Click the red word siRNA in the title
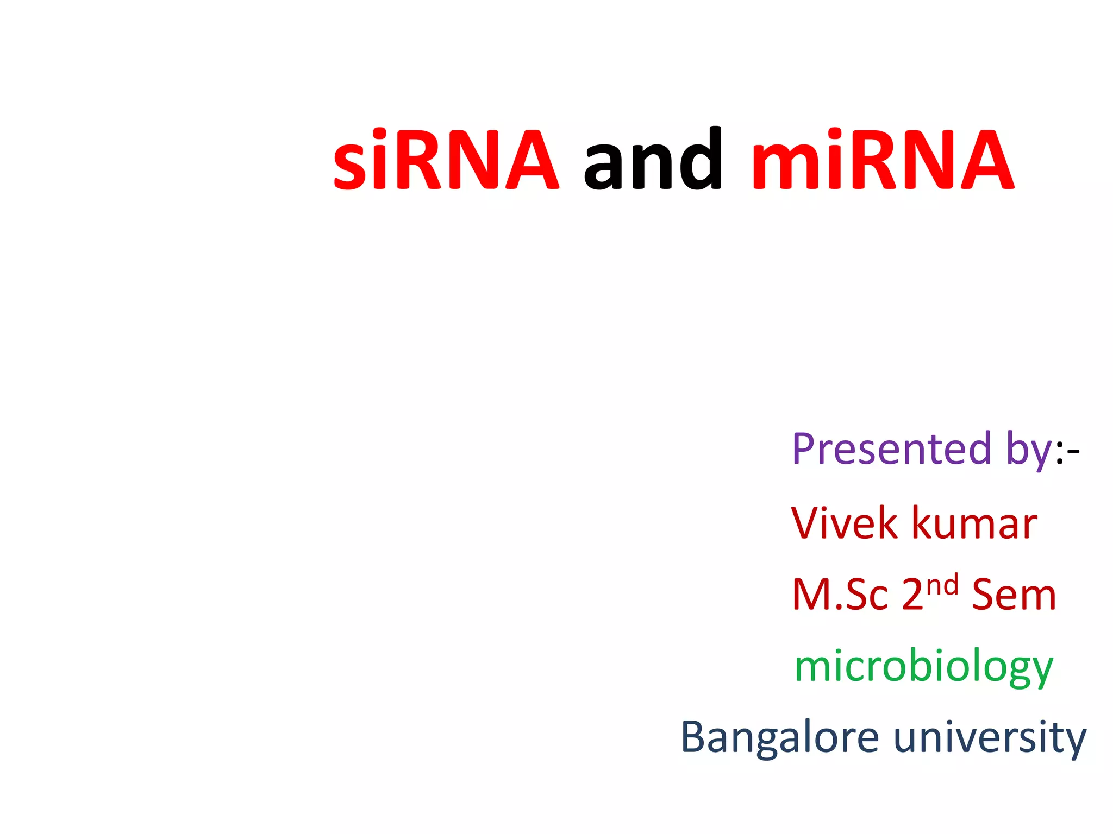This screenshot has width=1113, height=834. tap(446, 161)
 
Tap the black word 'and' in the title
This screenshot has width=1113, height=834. tap(652, 161)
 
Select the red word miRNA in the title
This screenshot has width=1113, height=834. tap(881, 161)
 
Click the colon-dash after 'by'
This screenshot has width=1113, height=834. tap(1067, 452)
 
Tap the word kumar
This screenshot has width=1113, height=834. tap(974, 523)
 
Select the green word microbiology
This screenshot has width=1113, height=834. tap(923, 667)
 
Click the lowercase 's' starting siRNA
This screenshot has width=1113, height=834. tap(350, 168)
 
